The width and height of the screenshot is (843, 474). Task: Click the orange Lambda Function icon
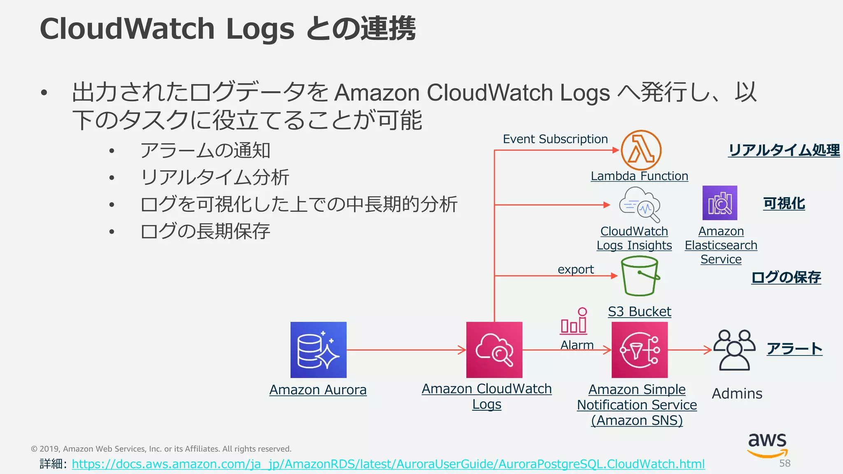tap(641, 150)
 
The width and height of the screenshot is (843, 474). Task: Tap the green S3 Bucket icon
tap(640, 276)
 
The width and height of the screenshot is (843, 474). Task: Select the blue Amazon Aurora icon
tap(318, 350)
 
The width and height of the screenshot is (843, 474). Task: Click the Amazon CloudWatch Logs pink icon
tap(494, 350)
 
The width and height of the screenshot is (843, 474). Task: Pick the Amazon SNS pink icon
tap(639, 350)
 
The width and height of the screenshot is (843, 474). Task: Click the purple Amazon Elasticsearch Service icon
tap(720, 203)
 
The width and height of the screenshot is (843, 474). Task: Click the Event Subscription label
tap(555, 139)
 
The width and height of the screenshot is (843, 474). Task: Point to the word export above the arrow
tap(575, 270)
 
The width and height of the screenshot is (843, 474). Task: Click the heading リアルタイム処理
tap(784, 150)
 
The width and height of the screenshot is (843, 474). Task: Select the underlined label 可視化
tap(784, 203)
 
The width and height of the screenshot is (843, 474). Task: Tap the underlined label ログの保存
tap(786, 277)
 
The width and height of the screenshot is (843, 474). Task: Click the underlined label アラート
tap(794, 349)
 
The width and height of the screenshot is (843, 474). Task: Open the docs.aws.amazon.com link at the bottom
tap(388, 464)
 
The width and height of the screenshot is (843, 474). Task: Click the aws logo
tap(767, 444)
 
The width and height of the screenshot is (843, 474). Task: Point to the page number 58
tap(785, 463)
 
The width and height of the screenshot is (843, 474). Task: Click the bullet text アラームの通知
tap(205, 151)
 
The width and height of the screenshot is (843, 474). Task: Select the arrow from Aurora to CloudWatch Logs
tap(405, 350)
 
